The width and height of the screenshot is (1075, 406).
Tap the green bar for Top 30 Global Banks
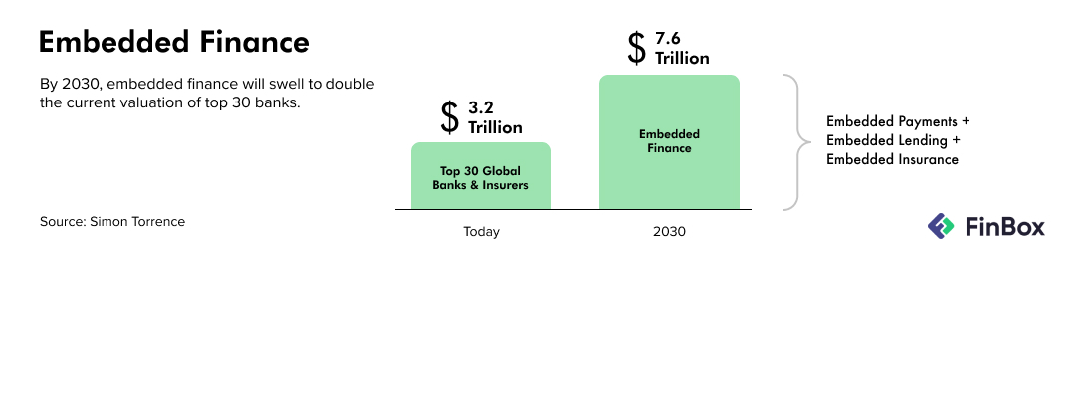pos(481,175)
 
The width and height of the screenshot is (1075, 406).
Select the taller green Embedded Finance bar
pos(669,142)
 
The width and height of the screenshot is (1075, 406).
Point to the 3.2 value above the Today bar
pos(481,107)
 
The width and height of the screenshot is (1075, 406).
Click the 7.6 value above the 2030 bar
pos(668,39)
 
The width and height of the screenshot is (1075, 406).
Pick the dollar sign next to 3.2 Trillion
pos(449,117)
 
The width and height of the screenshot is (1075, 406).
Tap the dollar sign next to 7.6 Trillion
pos(636,48)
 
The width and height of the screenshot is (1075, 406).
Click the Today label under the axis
pos(481,232)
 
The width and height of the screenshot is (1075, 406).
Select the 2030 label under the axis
pos(669,232)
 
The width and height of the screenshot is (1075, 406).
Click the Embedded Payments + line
pos(898,122)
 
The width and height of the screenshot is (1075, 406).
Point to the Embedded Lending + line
pos(893,140)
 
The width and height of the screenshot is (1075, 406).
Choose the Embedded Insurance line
pos(892,160)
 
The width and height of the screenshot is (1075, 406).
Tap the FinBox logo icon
pos(941,226)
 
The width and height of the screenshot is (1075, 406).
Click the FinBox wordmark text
pos(1005,226)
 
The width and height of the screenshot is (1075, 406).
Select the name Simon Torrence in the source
pos(137,222)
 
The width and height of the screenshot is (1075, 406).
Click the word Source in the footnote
pos(63,222)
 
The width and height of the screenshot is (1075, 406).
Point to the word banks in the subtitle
pos(281,103)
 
